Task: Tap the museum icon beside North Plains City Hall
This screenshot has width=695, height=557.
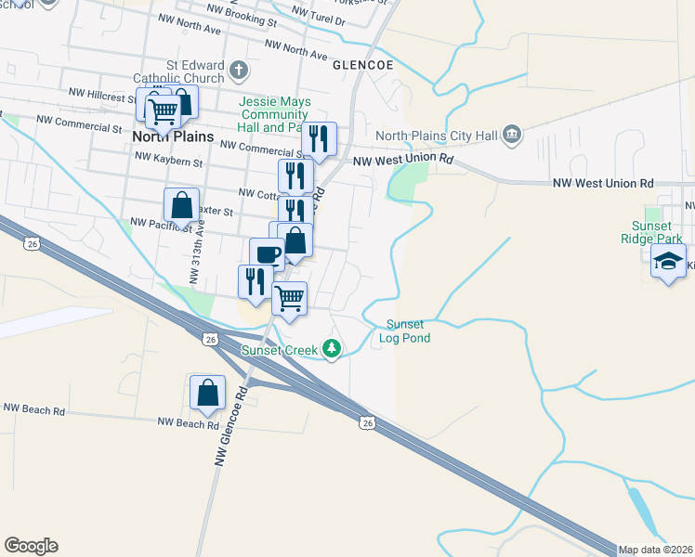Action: coord(511,136)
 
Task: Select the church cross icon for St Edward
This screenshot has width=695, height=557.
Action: coord(239,71)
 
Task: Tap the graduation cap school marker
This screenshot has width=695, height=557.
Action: coord(668,264)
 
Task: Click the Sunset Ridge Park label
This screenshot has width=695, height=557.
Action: coord(657,232)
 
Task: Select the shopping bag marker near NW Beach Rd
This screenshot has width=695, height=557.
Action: coord(207,393)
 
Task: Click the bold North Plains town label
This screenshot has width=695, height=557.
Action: coord(173,136)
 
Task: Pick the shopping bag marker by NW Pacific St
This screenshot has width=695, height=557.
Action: coord(181,205)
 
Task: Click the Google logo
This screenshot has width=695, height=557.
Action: coord(31,546)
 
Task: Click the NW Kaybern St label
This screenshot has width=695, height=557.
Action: coord(168,161)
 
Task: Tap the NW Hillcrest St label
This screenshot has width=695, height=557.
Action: coord(102,93)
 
